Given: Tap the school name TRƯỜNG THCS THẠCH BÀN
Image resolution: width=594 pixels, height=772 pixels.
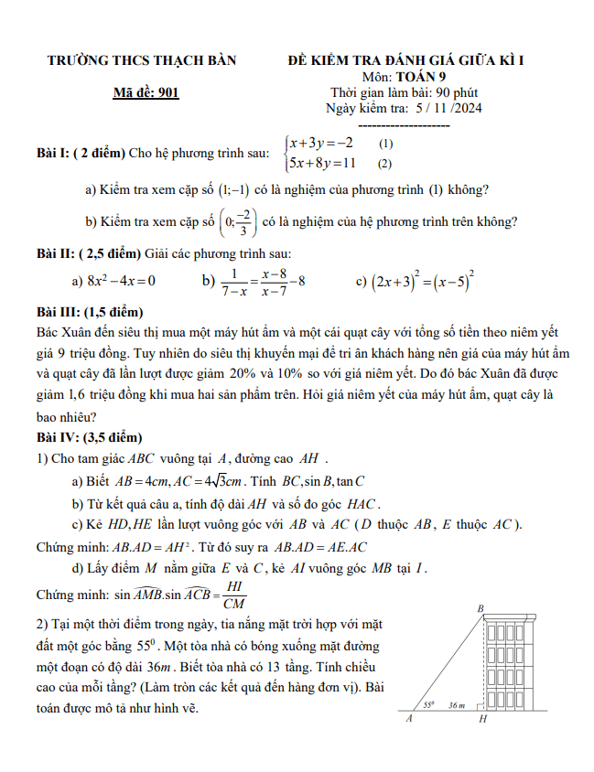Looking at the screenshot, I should [x=142, y=61].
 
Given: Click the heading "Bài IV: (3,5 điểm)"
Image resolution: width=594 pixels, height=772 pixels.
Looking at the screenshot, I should [x=90, y=437].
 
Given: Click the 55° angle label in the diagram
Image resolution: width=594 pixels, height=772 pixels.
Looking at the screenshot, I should [x=429, y=705].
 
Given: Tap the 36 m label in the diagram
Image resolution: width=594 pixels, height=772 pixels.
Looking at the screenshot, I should [x=458, y=705].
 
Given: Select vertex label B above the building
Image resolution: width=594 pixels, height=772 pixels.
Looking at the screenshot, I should [x=481, y=608].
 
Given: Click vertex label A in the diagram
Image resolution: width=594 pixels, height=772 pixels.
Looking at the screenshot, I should [x=409, y=720].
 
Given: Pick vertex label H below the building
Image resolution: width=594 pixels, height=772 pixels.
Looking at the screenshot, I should [x=482, y=721].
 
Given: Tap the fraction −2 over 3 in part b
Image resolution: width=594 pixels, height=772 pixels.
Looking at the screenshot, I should [x=241, y=221].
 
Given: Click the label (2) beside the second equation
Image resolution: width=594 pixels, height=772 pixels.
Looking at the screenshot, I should [x=384, y=165].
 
